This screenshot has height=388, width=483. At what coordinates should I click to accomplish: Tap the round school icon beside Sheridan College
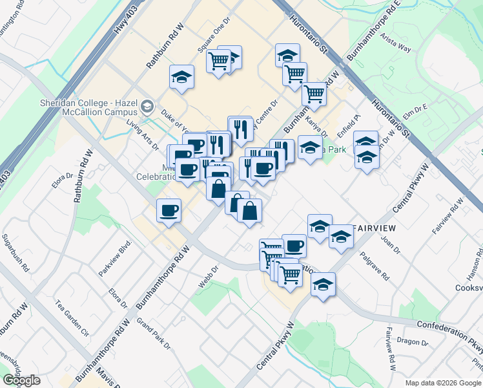148,105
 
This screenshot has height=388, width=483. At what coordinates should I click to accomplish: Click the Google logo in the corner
22,380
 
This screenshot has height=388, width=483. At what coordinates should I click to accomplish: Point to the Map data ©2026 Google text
443,383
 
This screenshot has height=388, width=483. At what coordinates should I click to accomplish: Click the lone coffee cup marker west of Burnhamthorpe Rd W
169,210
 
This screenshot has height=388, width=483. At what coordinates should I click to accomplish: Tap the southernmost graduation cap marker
323,284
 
